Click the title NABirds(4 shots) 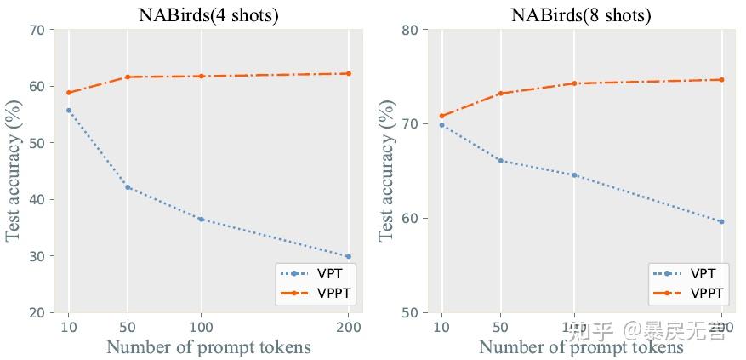208,14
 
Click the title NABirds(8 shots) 581,14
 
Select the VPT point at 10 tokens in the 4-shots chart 68,111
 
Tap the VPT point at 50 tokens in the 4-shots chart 128,187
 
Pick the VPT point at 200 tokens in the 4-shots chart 349,256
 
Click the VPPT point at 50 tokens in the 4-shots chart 128,77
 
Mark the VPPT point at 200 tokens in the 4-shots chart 349,73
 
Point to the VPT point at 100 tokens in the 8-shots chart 574,175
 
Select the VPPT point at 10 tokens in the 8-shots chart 441,116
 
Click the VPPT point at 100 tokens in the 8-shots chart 574,83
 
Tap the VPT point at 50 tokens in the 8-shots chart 501,160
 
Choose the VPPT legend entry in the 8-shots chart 689,294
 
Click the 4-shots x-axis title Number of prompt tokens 208,347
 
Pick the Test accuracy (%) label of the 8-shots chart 387,170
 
